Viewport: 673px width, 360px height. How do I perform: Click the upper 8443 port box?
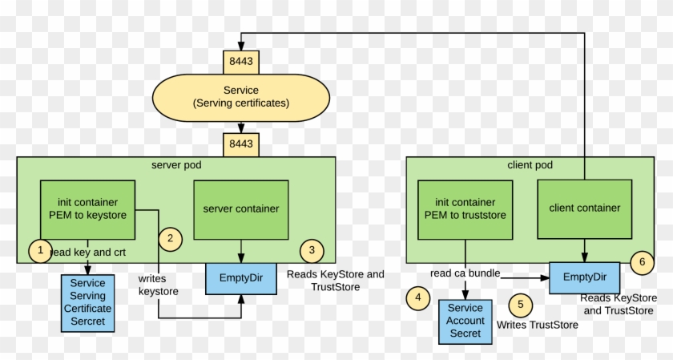[240, 61]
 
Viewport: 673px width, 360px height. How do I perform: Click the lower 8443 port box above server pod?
[240, 144]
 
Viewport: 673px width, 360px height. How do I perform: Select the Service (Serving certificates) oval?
[241, 97]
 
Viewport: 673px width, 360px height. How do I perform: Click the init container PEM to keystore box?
[87, 208]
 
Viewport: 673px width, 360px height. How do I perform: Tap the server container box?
[241, 208]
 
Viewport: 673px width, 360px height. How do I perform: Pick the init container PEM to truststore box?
[465, 208]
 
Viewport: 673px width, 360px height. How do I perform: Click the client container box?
[584, 208]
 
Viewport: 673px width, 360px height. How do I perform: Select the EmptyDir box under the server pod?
[241, 277]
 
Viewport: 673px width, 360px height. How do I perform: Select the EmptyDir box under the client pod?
[584, 277]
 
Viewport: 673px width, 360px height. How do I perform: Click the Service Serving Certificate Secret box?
[87, 302]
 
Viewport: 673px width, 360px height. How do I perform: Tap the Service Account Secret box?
[465, 320]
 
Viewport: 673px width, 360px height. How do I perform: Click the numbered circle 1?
[40, 250]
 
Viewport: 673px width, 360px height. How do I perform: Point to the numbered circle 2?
[171, 237]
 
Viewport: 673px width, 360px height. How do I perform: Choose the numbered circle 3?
[312, 251]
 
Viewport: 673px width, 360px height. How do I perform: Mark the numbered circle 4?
[417, 298]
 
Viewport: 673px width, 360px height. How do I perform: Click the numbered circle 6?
[641, 261]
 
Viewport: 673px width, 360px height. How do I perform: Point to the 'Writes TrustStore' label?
[537, 326]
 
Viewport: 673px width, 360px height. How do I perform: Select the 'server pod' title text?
[176, 165]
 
